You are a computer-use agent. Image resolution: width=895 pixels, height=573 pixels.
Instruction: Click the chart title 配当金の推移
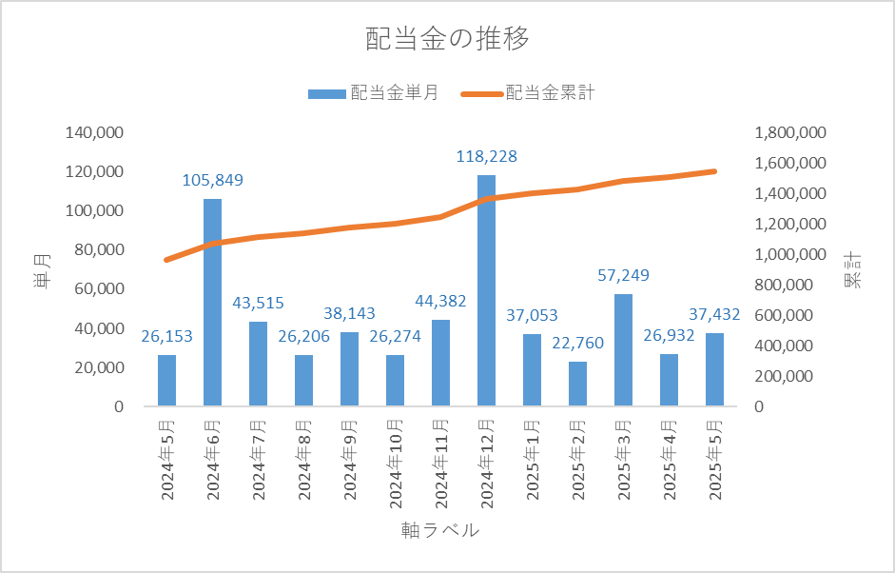447,40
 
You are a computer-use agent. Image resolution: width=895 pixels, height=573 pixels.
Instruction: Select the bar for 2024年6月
212,303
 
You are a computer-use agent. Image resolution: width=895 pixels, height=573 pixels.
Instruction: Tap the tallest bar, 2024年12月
486,290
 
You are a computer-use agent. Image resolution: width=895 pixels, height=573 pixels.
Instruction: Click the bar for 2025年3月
623,350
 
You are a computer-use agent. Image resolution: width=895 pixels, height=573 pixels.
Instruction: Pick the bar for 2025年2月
577,384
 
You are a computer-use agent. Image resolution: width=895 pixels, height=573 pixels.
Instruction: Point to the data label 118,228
486,157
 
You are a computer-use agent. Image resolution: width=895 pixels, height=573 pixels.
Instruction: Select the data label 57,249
623,276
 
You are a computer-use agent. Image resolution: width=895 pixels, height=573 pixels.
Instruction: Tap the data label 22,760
577,344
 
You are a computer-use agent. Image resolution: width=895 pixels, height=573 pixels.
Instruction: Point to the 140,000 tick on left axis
94,132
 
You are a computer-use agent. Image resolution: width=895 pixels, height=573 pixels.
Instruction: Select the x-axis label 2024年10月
395,461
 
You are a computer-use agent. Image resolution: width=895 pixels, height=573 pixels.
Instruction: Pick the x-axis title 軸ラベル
440,531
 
